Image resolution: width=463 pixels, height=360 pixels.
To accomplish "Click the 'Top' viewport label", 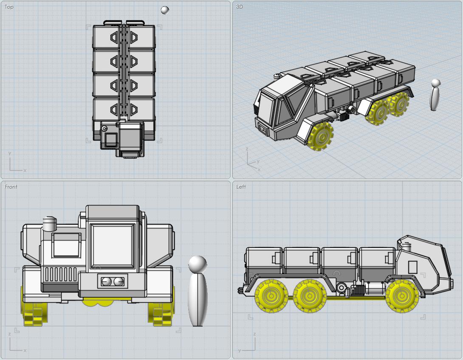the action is coord(9,7).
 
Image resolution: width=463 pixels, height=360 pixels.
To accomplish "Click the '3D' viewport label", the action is coord(239,6).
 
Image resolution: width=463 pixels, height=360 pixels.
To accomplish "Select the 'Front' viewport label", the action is coord(11,186).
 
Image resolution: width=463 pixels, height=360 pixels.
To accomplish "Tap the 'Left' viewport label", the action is coord(241,186).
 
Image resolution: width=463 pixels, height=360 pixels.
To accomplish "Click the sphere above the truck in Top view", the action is coord(165,10).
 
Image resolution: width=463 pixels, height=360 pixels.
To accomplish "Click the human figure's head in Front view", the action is coord(198,264).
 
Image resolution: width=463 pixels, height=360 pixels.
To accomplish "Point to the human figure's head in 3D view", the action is coord(436,83).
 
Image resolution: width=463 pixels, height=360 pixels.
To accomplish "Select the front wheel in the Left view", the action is coord(402,296).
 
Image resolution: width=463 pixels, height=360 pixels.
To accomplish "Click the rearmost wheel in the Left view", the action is coord(271,296).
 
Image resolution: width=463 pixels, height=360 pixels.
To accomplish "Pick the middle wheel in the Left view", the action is coord(310,296).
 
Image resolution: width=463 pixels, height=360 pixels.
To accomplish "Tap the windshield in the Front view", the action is coord(113,246).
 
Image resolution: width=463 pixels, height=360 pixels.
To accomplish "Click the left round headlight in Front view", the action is coord(107,282).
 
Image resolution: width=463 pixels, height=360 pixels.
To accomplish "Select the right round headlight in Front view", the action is coord(119,282).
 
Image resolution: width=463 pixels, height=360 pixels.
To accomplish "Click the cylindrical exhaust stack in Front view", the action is coord(50,224).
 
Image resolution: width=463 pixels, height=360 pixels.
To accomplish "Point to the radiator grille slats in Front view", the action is coord(61,274).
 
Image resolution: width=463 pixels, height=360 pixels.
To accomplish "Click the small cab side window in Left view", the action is coord(412,267).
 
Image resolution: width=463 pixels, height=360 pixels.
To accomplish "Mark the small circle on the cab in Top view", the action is coord(104,129).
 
